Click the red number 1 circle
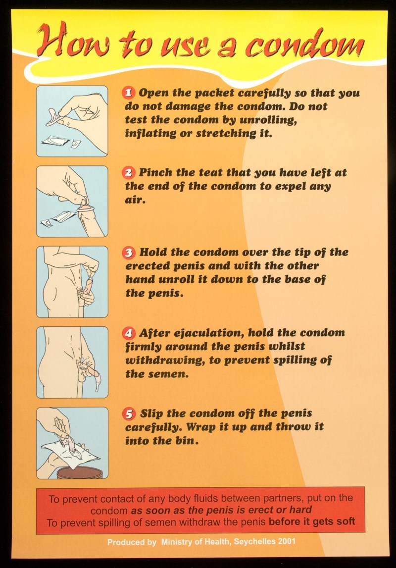[x=129, y=93]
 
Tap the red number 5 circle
[x=129, y=413]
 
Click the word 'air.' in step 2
[x=135, y=200]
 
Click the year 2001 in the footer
[x=287, y=542]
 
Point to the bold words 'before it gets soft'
[x=312, y=522]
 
